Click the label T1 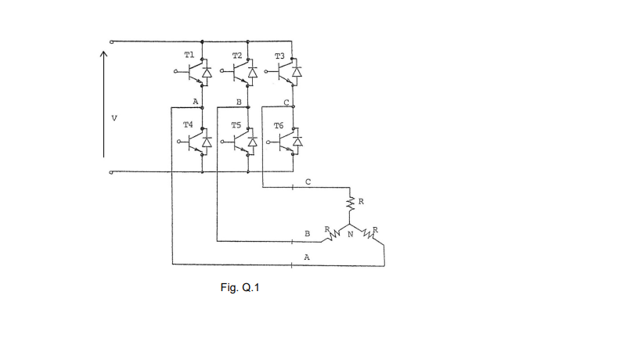click(x=188, y=56)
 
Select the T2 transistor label click(x=236, y=56)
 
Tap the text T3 click(x=280, y=56)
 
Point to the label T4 click(x=188, y=124)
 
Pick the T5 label click(x=236, y=124)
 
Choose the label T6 click(x=279, y=124)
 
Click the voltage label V click(x=115, y=119)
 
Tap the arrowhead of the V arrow click(x=103, y=54)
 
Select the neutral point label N click(x=350, y=234)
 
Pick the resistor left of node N click(x=333, y=233)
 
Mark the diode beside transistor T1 click(x=207, y=74)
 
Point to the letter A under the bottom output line click(x=307, y=256)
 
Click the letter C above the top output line click(x=308, y=182)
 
